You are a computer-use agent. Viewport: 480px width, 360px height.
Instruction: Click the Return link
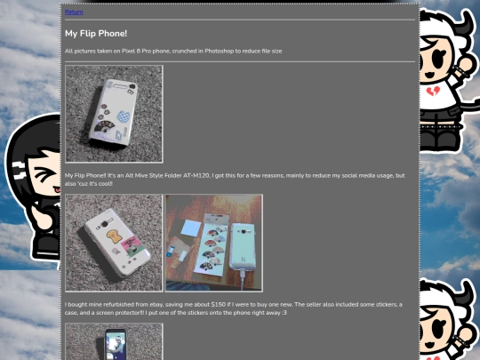pyautogui.click(x=74, y=12)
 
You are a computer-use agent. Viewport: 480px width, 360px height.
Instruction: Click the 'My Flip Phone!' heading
pyautogui.click(x=96, y=34)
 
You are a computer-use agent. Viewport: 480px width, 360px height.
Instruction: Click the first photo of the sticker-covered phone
pyautogui.click(x=114, y=114)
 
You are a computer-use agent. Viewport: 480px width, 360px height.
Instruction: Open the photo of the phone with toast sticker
pyautogui.click(x=114, y=243)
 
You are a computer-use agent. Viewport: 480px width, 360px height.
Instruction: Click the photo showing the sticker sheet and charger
pyautogui.click(x=213, y=243)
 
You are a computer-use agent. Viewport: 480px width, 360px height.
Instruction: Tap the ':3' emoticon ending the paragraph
pyautogui.click(x=284, y=312)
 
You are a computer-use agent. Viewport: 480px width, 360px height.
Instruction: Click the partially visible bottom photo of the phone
pyautogui.click(x=114, y=341)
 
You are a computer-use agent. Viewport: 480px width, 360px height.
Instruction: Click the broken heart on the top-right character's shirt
pyautogui.click(x=433, y=92)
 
